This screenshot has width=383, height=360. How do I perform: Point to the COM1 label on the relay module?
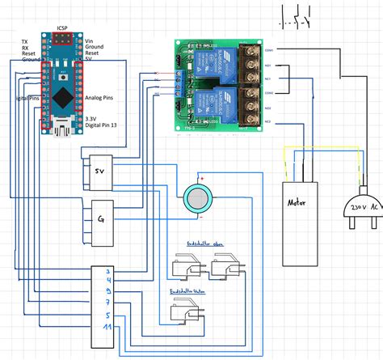[270, 50]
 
